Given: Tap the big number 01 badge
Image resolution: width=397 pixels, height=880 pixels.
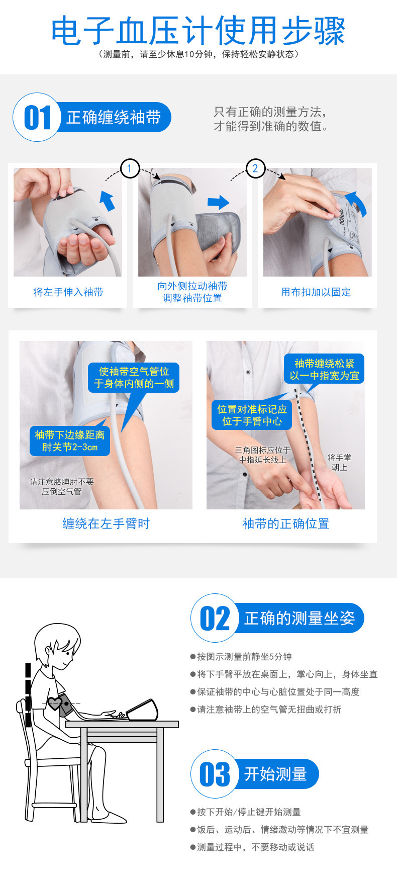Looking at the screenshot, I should tap(38, 118).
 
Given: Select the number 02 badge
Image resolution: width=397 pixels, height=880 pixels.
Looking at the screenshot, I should tap(215, 618).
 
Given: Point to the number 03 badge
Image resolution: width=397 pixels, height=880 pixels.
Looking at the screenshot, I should tap(215, 774).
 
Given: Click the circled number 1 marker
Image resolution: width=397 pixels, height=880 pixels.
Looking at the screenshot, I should tap(130, 168).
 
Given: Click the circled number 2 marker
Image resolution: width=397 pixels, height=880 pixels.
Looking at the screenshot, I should tap(255, 168).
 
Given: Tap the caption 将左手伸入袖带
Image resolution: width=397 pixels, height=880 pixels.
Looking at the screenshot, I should tap(68, 292).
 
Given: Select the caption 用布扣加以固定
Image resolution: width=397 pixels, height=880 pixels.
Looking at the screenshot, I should tap(316, 292).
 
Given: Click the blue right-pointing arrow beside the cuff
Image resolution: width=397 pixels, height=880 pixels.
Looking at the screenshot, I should tap(218, 202).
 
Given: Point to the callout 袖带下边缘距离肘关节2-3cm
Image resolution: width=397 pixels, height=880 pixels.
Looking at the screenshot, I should tap(70, 441).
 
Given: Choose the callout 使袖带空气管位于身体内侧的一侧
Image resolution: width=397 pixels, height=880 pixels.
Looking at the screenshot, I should tap(134, 378).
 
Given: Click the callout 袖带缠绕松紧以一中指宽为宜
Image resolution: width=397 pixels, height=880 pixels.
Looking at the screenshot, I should tap(324, 370).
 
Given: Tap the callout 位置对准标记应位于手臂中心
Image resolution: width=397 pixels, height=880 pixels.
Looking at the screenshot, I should tap(252, 415).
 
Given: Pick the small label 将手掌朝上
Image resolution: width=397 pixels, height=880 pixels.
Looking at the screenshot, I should tap(339, 462).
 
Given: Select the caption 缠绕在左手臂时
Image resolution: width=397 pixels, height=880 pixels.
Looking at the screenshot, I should tap(106, 523).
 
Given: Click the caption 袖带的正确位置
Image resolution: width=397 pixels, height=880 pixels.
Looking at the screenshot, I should tap(285, 523).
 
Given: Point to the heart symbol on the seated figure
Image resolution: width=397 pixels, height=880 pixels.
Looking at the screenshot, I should tap(55, 703).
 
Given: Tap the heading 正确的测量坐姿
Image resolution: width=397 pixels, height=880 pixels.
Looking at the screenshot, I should tap(300, 618).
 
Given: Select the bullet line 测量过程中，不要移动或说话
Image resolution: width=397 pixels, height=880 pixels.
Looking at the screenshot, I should tap(255, 847).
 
